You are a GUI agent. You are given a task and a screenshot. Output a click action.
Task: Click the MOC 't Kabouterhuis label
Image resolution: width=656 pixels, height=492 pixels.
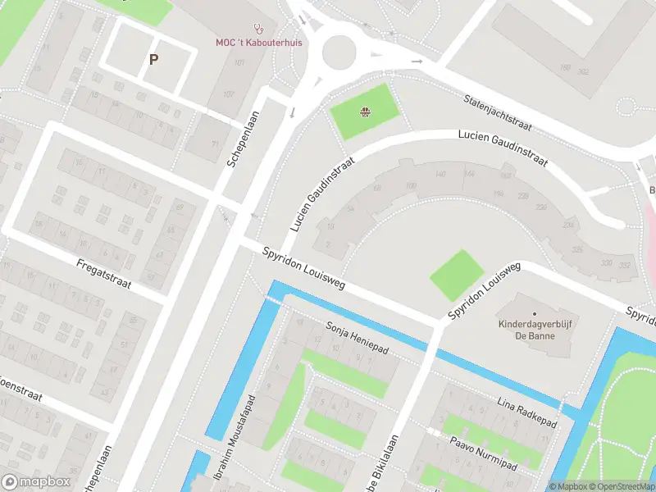tap(254, 42)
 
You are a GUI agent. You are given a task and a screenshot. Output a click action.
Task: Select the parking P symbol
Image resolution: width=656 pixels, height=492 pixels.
tap(153, 59)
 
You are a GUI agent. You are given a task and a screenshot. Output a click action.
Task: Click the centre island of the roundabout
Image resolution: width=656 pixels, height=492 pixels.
tap(342, 53)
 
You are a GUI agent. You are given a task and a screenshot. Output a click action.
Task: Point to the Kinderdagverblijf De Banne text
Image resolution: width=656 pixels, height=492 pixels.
tap(534, 330)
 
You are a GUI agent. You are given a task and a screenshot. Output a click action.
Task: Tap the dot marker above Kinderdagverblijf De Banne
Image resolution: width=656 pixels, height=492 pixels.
tap(535, 313)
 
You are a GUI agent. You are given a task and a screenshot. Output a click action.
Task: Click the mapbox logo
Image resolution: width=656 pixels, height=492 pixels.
tap(34, 481)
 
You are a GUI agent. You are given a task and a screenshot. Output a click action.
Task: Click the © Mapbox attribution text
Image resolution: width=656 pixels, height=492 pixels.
tap(569, 486)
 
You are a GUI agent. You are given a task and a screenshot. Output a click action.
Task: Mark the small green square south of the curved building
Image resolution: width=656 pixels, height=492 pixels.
tap(458, 276)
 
